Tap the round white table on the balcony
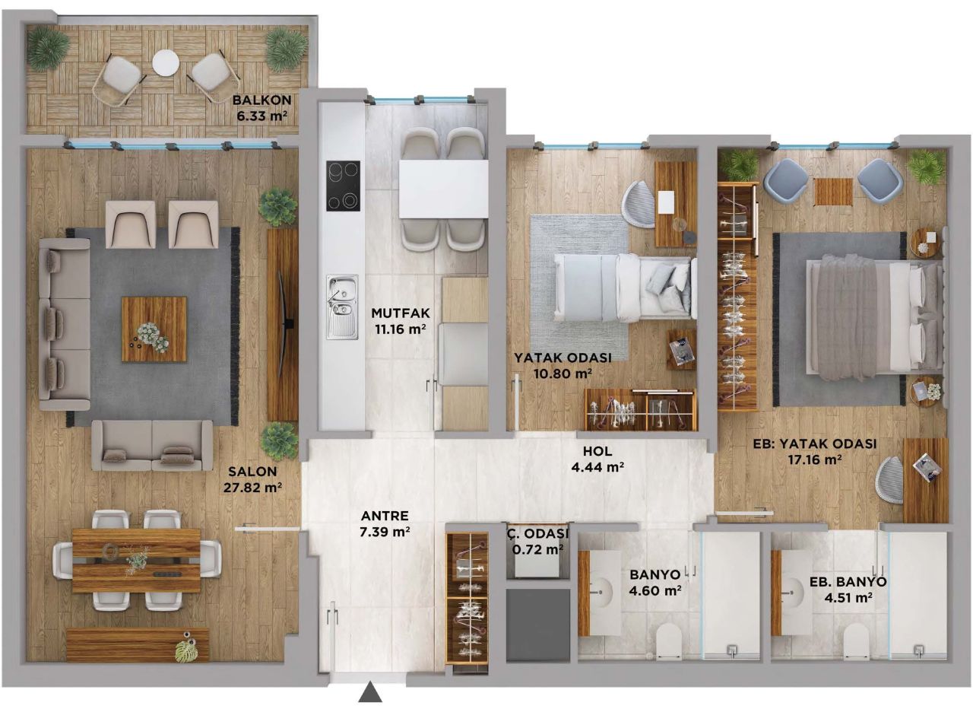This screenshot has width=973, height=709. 165,62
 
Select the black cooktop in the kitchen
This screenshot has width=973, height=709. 343,185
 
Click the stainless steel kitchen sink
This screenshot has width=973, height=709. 342,307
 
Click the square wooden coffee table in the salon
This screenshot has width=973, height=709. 154,329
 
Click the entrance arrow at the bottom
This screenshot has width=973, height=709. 370,693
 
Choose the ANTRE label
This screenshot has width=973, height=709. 384,515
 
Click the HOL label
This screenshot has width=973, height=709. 597,450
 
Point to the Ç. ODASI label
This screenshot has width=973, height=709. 537,533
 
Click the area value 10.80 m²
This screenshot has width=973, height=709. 563,374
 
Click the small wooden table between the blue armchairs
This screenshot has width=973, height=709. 833,192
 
